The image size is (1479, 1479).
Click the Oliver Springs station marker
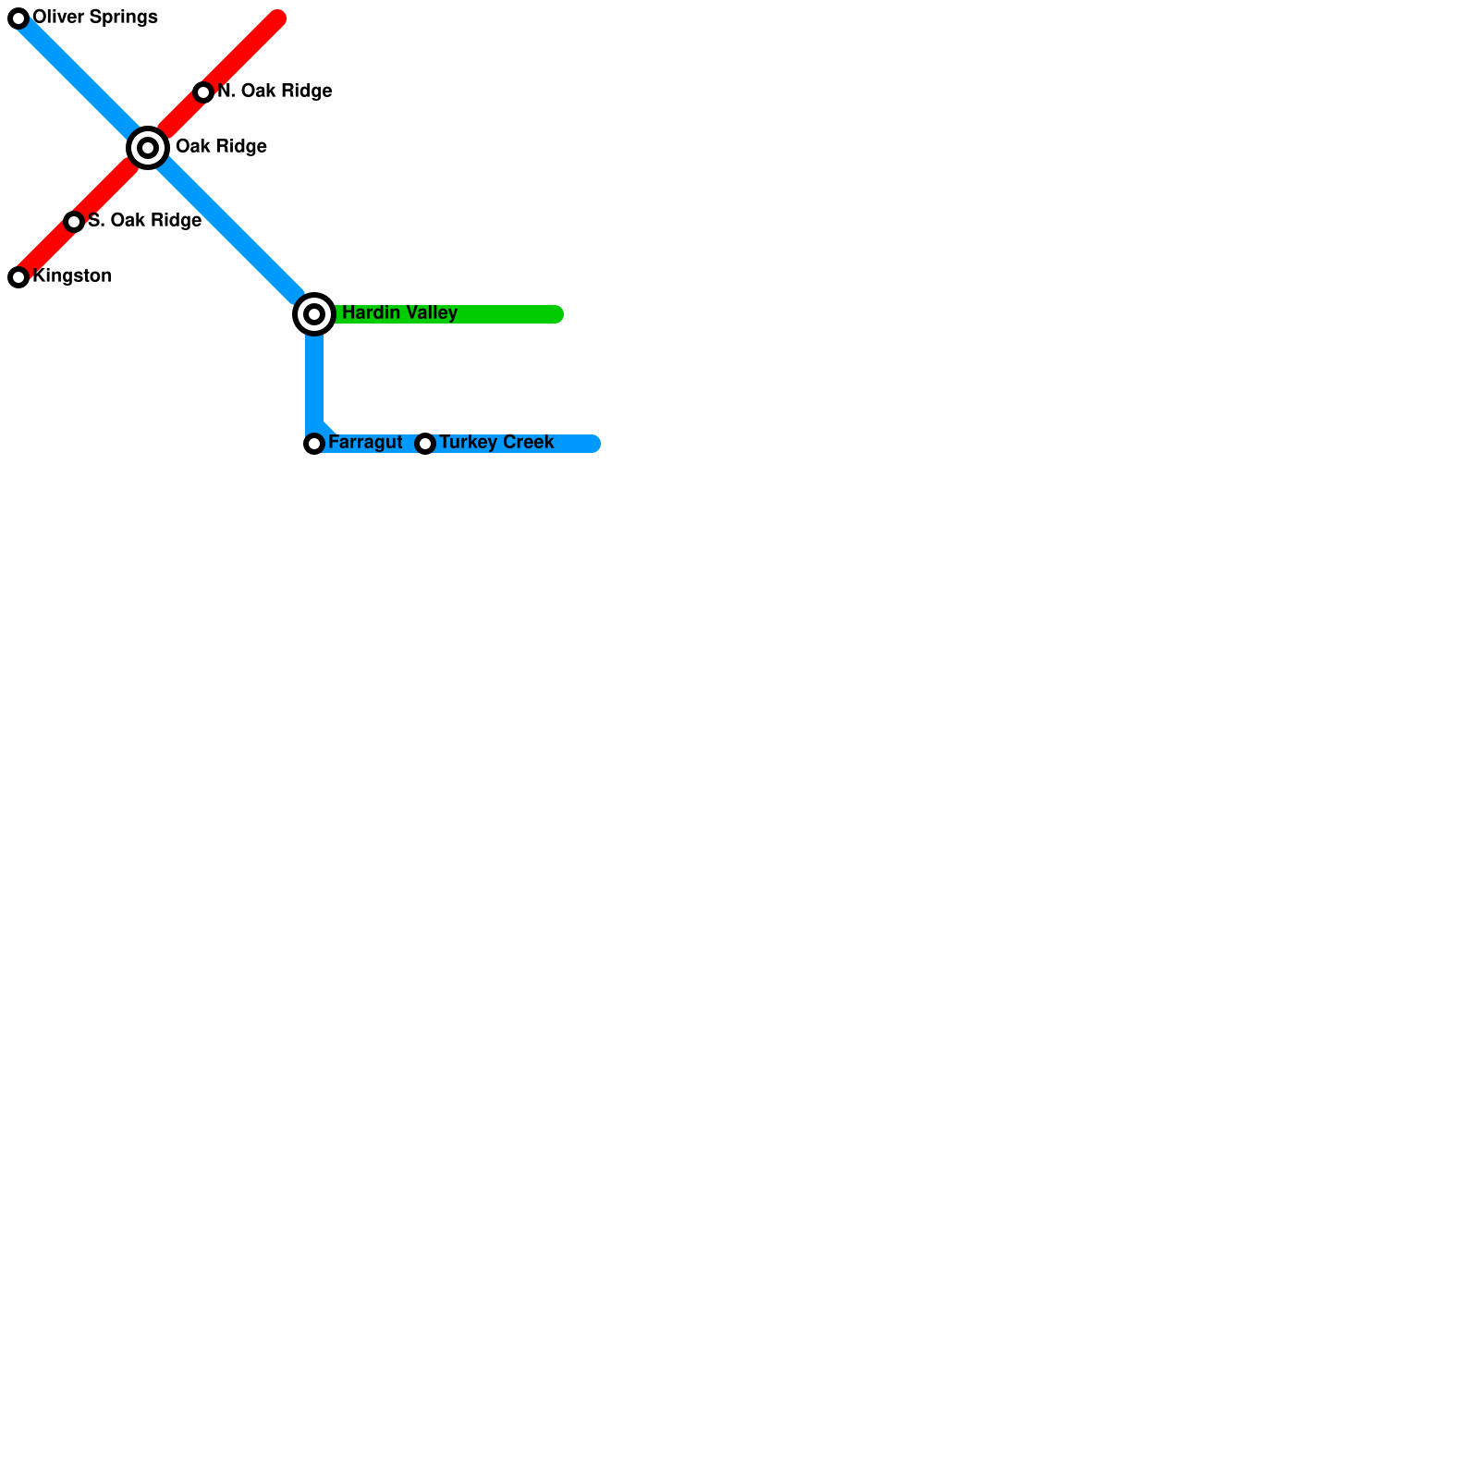click(18, 18)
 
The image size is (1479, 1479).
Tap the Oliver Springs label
click(95, 18)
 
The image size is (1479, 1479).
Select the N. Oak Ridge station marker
click(203, 92)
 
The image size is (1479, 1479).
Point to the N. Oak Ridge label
click(275, 92)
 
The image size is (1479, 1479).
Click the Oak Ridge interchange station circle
click(148, 148)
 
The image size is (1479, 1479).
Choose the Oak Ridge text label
click(221, 147)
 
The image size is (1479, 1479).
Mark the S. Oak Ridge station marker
click(74, 221)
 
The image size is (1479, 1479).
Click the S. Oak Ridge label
click(144, 221)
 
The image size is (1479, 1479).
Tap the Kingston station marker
click(18, 276)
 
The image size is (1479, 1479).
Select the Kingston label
click(72, 276)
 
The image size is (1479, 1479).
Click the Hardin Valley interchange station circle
click(314, 314)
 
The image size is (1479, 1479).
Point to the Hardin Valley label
click(399, 313)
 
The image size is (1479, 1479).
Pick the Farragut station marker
click(314, 444)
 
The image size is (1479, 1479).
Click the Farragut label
click(365, 443)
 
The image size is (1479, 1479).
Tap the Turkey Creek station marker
click(425, 444)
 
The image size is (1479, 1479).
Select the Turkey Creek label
click(496, 443)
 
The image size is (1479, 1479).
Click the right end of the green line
click(556, 314)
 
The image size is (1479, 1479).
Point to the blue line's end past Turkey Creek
click(593, 444)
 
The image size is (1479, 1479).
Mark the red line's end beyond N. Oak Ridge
click(277, 18)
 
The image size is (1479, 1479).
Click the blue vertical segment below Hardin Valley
click(314, 379)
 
